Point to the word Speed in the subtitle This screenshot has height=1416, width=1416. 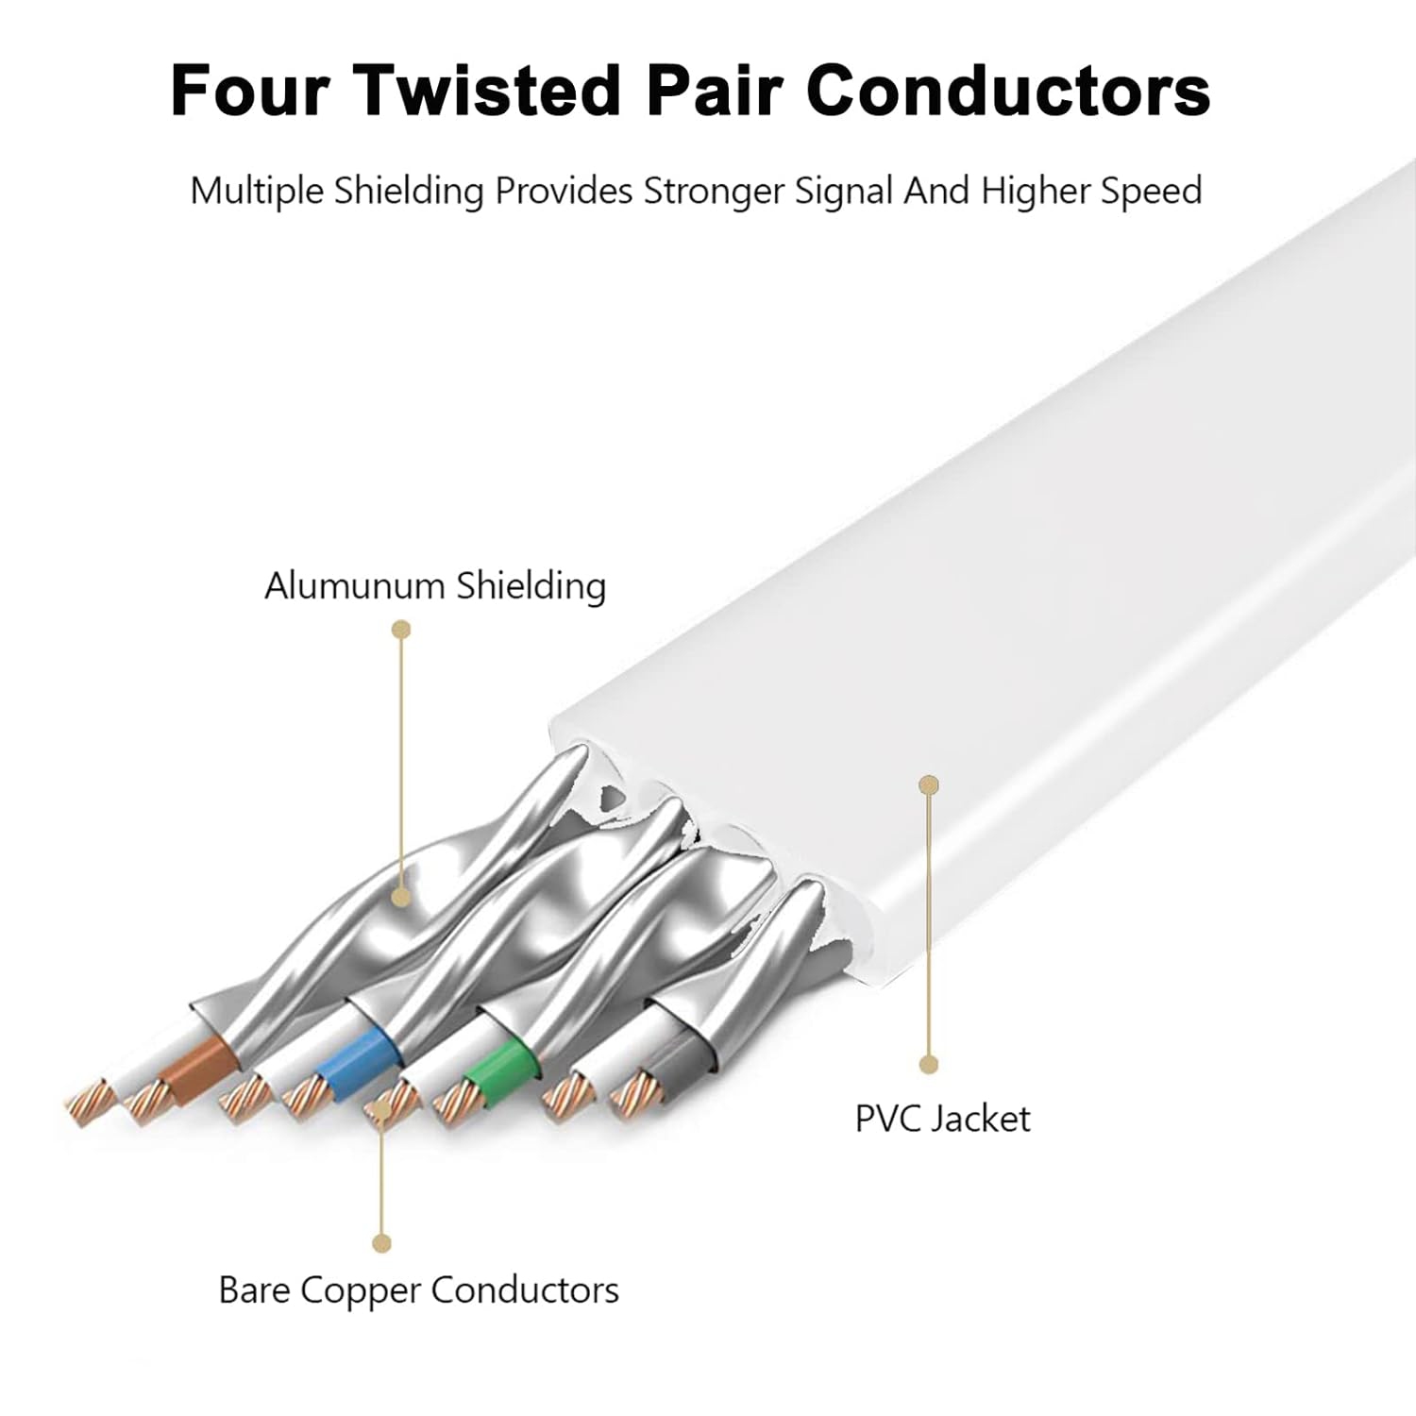(1150, 192)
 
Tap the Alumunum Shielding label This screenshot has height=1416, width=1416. (434, 585)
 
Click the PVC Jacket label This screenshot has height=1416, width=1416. (942, 1119)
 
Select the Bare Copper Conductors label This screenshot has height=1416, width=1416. (418, 1290)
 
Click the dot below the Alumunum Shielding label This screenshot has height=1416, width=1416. (401, 629)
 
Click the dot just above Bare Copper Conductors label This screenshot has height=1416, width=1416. (381, 1243)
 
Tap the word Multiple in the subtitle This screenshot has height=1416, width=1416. (244, 192)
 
